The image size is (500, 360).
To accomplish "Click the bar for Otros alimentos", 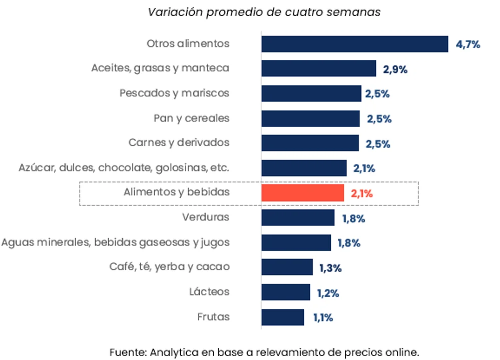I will [x=354, y=44].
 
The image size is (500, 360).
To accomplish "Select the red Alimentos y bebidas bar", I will [x=302, y=193].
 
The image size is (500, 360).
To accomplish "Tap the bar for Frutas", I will [x=282, y=317].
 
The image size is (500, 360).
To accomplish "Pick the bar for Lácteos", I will [x=285, y=292].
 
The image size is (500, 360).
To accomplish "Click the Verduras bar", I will [x=298, y=218].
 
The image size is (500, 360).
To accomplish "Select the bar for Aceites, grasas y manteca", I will [x=318, y=68].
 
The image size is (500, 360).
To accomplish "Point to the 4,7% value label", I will [x=467, y=44].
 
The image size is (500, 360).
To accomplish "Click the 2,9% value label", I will [x=395, y=69].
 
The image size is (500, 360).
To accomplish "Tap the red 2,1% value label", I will [x=362, y=194].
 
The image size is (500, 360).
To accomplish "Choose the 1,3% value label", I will [x=330, y=268].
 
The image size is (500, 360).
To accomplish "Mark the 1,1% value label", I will [x=323, y=317].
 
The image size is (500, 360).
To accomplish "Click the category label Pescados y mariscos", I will [x=174, y=93].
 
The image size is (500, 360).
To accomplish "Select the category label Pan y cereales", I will [x=191, y=118].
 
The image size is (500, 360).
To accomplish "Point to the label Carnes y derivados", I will [x=179, y=142].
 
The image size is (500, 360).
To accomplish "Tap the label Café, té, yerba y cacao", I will [x=169, y=266].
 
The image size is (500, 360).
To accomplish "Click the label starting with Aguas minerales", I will [x=115, y=242].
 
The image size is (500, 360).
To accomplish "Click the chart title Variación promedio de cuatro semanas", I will [x=264, y=12].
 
